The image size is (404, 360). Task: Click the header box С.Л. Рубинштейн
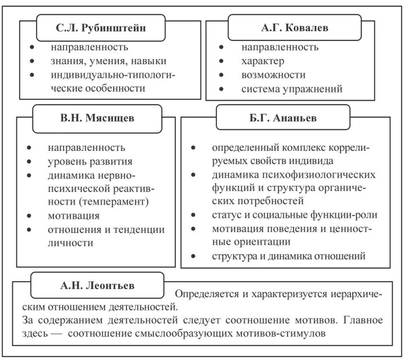point(102,28)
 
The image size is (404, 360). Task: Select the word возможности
point(273,75)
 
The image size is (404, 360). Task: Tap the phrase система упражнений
point(291,89)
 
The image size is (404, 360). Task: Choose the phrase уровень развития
point(92,162)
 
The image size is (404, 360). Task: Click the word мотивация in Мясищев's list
point(74,215)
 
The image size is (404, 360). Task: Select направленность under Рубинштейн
point(89,47)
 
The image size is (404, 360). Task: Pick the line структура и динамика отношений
point(289,256)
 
